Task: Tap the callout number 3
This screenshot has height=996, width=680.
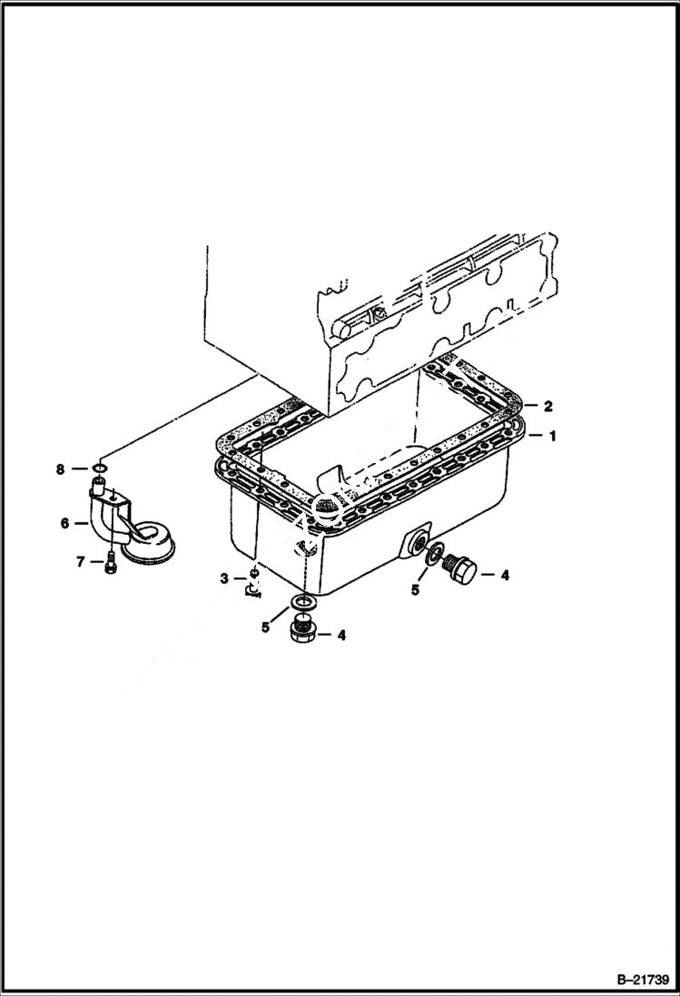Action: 222,578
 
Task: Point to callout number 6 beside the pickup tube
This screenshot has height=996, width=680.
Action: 64,523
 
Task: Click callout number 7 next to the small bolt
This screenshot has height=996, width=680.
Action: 80,563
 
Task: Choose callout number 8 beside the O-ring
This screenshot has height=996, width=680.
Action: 61,469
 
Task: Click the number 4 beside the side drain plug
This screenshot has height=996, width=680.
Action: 505,574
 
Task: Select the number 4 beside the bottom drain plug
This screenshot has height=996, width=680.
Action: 341,636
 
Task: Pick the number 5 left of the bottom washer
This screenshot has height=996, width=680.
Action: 266,626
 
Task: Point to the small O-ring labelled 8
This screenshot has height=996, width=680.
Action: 102,470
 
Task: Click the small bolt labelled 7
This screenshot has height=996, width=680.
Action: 110,562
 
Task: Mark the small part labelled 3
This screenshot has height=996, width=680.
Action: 253,582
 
